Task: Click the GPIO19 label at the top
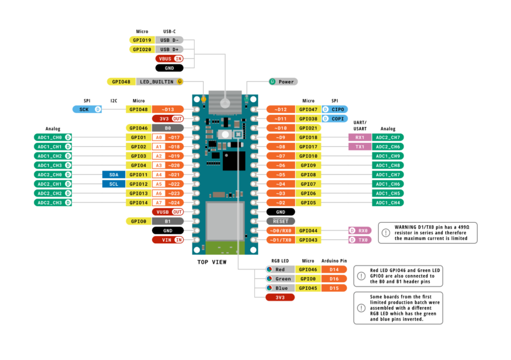(x=140, y=40)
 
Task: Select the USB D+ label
(x=169, y=49)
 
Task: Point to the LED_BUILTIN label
(x=156, y=81)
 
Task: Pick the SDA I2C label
(x=114, y=174)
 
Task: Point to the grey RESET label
(x=280, y=221)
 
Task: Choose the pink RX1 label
(x=360, y=137)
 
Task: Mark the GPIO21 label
(x=308, y=128)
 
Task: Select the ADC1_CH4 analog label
(x=388, y=202)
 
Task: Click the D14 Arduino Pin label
(x=333, y=270)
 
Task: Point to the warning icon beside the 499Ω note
(x=385, y=233)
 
